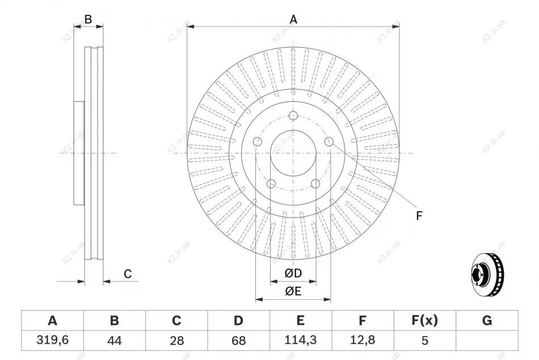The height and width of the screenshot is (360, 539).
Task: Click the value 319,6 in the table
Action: tap(52, 340)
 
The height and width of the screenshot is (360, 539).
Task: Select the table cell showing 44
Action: tap(115, 340)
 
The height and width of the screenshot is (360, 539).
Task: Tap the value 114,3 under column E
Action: tap(301, 340)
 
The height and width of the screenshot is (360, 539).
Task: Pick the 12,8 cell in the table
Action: tap(363, 340)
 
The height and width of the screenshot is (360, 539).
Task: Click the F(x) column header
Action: tap(424, 320)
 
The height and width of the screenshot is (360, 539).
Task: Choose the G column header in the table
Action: tap(487, 320)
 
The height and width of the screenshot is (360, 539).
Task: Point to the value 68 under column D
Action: tap(238, 340)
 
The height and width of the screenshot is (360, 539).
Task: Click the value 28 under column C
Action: tap(176, 340)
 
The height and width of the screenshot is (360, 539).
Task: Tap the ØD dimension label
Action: tap(293, 273)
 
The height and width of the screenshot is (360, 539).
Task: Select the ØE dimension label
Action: tap(293, 291)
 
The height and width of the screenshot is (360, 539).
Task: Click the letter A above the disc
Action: tap(293, 19)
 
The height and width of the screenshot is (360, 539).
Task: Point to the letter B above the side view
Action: tap(89, 19)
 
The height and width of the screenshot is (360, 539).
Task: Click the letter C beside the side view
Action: tap(128, 274)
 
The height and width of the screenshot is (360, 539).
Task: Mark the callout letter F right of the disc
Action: tap(419, 216)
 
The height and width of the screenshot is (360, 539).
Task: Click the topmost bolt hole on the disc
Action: tap(293, 115)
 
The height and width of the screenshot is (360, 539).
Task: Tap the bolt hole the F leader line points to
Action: tap(329, 141)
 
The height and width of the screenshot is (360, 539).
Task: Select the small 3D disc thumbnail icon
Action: tap(487, 274)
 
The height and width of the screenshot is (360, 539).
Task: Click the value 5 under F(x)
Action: tap(425, 340)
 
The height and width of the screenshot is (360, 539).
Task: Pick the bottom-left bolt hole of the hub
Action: tap(271, 184)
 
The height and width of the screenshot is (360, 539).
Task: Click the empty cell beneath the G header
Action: tap(487, 340)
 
